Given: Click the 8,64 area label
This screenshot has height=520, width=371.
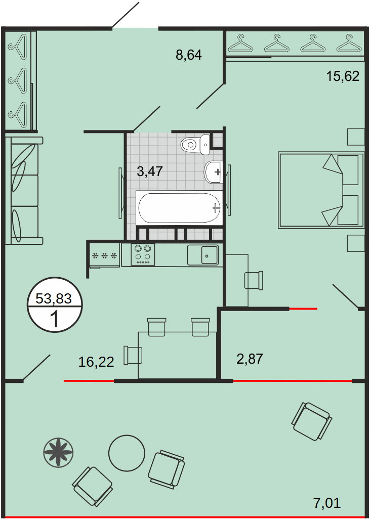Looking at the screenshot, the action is pyautogui.click(x=188, y=55).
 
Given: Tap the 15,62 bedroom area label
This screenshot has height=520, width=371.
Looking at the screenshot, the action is pyautogui.click(x=343, y=76).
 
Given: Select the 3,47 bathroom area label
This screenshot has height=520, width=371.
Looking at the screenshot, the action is pyautogui.click(x=150, y=171).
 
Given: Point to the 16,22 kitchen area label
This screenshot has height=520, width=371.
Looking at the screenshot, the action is pyautogui.click(x=96, y=362).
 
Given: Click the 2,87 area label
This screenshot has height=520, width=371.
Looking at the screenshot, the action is pyautogui.click(x=250, y=359).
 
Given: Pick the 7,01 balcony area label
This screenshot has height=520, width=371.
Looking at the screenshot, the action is pyautogui.click(x=327, y=503).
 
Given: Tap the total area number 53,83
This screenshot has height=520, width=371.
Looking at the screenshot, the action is pyautogui.click(x=54, y=298).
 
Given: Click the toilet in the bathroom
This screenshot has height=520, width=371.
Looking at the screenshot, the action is pyautogui.click(x=196, y=145).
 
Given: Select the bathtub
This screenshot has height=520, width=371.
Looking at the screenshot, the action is pyautogui.click(x=179, y=207).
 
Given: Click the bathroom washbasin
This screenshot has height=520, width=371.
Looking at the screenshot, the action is pyautogui.click(x=214, y=172).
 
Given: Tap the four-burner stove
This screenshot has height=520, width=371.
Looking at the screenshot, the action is pyautogui.click(x=143, y=254).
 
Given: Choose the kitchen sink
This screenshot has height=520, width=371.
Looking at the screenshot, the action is pyautogui.click(x=203, y=255).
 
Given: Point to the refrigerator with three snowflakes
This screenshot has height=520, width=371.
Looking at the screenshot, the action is pyautogui.click(x=104, y=255).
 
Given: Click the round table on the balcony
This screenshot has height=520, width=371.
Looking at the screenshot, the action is pyautogui.click(x=127, y=453).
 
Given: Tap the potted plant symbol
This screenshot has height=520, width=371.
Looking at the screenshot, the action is pyautogui.click(x=58, y=452).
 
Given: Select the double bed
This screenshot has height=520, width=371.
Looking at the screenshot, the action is pyautogui.click(x=321, y=190).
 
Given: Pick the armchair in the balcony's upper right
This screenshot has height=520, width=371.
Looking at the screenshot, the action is pyautogui.click(x=312, y=421).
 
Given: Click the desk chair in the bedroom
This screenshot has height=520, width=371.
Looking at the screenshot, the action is pyautogui.click(x=254, y=280).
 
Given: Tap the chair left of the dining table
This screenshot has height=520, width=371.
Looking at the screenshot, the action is pyautogui.click(x=133, y=355).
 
